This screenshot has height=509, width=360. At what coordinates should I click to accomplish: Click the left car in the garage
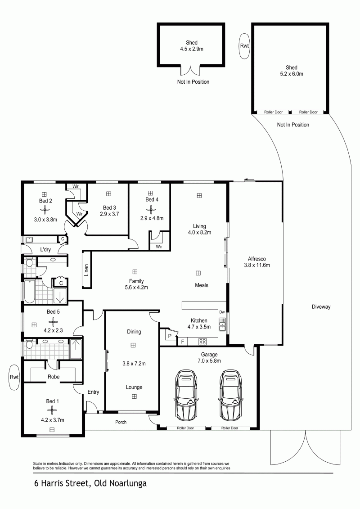coord(186,394)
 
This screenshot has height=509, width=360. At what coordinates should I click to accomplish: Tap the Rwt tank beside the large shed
coord(244,46)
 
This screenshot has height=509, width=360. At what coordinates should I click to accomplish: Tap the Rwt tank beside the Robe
coord(14,377)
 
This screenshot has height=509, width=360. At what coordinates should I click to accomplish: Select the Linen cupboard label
coord(86,270)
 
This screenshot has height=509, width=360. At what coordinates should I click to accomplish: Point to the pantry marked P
coord(170,336)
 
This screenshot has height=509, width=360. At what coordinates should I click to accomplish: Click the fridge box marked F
coord(183,342)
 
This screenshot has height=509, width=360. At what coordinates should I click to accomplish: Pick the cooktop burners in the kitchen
coord(202,341)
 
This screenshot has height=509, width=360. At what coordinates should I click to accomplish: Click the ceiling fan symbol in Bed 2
coord(45,210)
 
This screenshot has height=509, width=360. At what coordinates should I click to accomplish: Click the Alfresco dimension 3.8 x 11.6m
coord(257,265)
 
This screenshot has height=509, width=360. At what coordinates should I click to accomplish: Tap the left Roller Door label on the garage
coord(185,428)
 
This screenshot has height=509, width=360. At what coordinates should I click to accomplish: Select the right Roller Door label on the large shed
coord(308,112)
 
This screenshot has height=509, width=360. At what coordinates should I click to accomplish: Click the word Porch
coord(121,422)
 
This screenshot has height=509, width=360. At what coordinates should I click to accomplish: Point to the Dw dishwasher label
coord(222,312)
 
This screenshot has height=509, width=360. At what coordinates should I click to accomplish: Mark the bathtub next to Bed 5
coord(29,292)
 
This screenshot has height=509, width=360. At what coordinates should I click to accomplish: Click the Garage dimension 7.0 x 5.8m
coord(209,360)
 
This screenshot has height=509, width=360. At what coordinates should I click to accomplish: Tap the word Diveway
coord(321,307)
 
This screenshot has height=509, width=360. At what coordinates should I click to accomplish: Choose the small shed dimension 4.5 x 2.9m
coord(192,49)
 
